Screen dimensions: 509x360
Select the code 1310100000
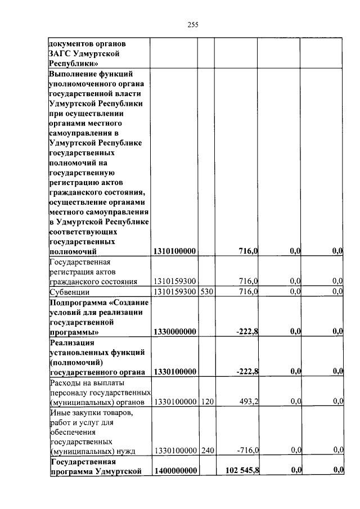tap(174, 251)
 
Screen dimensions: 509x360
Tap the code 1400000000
tap(174, 470)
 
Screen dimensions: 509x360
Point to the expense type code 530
tap(206, 291)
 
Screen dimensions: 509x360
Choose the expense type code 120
tap(206, 401)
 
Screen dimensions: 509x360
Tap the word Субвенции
tap(70, 292)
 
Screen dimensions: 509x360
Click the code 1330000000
tap(174, 332)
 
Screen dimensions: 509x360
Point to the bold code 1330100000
tap(174, 371)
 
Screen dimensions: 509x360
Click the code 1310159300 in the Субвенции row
tap(174, 291)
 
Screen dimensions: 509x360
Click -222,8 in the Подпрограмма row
tap(246, 332)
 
